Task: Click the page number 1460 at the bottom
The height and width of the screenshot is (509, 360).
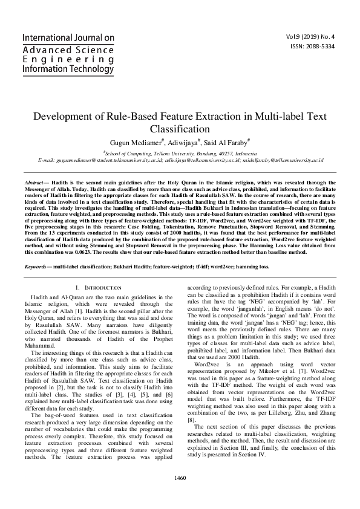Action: [180, 495]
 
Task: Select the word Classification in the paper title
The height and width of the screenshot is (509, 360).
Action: [180, 128]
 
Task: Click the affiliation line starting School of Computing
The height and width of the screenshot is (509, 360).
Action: [180, 154]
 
